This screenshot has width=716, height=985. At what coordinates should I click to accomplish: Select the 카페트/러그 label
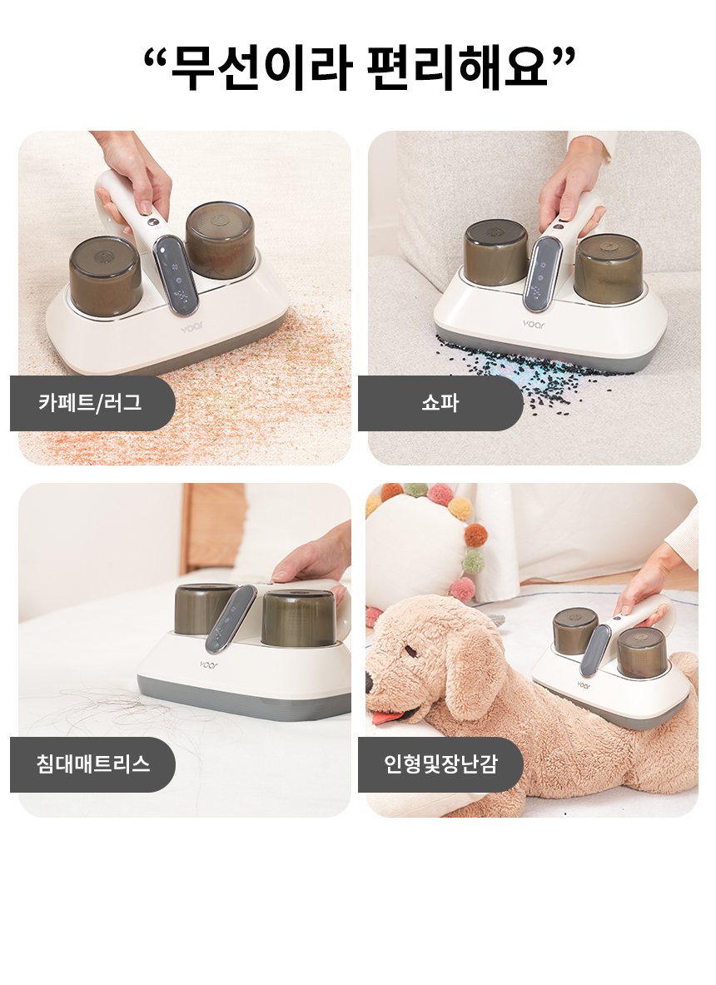91,403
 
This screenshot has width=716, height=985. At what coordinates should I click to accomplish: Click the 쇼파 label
440,403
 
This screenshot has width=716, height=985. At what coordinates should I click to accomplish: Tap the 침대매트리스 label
93,764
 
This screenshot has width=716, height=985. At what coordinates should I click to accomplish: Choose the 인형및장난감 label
441,764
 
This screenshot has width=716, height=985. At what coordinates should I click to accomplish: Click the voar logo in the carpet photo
191,327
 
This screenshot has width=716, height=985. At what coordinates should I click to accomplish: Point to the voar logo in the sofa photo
534,324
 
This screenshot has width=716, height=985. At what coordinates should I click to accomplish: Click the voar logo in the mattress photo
209,664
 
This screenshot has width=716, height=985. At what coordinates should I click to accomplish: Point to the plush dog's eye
410,651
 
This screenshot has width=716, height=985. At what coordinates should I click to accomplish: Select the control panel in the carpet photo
177,275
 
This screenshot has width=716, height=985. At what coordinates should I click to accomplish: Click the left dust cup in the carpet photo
105,276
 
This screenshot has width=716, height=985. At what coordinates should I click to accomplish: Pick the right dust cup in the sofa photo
609,269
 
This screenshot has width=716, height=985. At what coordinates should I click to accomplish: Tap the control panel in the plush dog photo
595,650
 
